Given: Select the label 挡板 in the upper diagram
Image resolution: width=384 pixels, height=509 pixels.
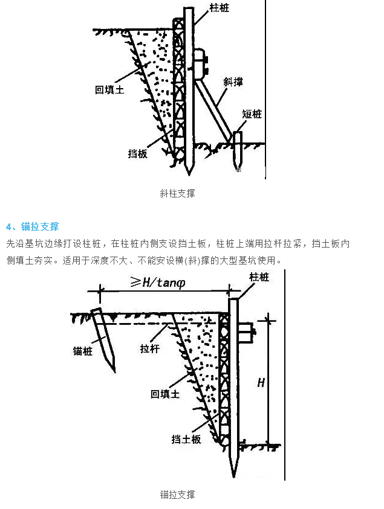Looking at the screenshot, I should tap(138, 153).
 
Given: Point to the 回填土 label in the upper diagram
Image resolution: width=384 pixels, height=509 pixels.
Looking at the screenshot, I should tap(109, 89).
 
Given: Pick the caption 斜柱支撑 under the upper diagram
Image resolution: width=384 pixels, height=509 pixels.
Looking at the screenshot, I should tap(177, 194).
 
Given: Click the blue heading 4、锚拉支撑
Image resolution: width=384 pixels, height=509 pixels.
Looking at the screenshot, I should tap(33, 227).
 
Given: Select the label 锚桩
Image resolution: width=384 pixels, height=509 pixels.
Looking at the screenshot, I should tap(83, 351).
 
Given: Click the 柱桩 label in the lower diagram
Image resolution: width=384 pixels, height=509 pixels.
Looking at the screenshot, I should tap(259, 277).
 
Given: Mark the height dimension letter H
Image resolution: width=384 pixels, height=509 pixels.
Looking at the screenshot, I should tap(261, 383).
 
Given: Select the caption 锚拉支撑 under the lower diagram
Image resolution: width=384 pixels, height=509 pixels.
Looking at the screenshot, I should tap(177, 495).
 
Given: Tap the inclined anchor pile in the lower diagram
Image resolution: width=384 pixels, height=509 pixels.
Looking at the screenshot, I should tap(103, 338).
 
